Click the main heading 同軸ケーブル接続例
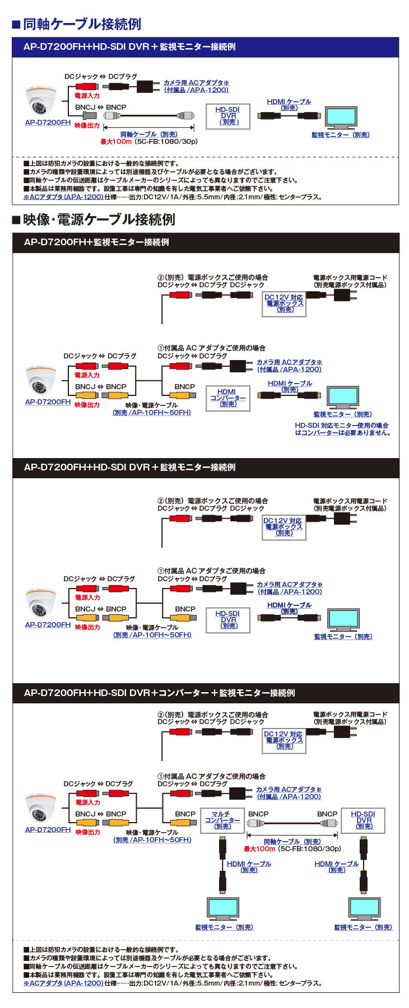tap(82, 24)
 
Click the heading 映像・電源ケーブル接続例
tap(99, 220)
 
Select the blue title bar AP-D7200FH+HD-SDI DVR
tap(129, 47)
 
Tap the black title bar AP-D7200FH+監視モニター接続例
tap(96, 242)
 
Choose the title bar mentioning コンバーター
tap(159, 693)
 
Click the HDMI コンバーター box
tap(227, 398)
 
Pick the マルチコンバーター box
tap(222, 820)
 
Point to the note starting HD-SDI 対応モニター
tap(342, 429)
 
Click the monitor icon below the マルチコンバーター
tap(223, 908)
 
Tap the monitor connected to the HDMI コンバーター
tap(342, 397)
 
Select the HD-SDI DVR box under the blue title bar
tap(227, 116)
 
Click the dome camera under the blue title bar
tap(41, 101)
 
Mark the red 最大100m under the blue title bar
tap(115, 142)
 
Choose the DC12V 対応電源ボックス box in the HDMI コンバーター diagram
tap(284, 304)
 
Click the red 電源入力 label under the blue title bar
tap(87, 96)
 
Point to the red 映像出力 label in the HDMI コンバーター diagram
tap(87, 405)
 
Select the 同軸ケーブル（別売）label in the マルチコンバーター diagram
tap(292, 841)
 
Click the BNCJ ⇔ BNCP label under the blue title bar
tap(101, 107)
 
